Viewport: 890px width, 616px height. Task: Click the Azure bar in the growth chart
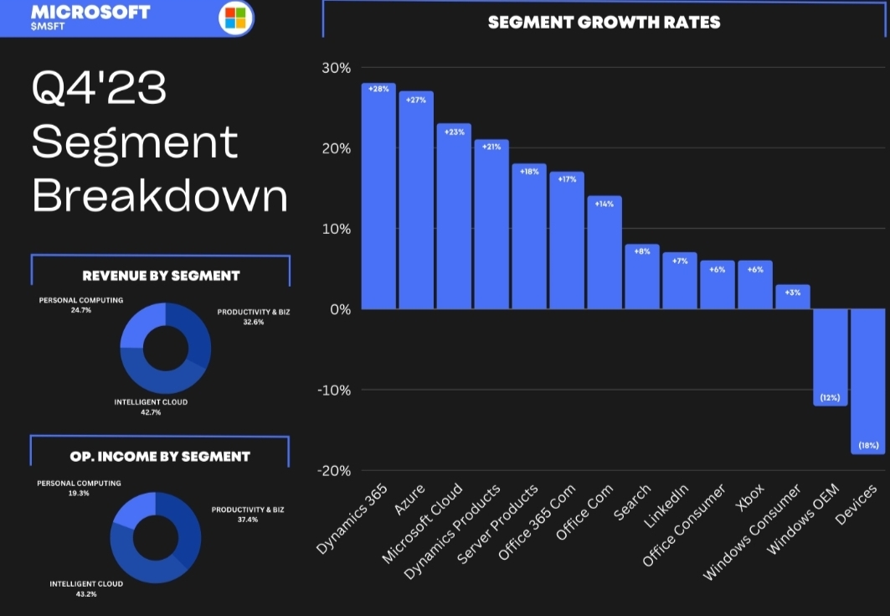coord(416,201)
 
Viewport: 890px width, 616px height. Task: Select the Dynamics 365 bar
coord(378,197)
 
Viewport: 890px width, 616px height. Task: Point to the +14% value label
coord(604,204)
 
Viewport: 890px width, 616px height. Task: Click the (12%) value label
coord(830,397)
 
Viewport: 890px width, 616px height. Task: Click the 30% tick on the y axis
coord(336,68)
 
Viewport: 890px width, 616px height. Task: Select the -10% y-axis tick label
coord(333,390)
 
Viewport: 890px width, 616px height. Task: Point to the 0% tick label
coord(339,309)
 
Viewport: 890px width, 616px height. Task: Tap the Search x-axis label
coord(633,501)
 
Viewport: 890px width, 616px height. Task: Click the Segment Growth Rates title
coord(604,23)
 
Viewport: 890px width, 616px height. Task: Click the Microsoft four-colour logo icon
coord(235,18)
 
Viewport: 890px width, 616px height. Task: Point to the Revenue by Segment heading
coord(161,276)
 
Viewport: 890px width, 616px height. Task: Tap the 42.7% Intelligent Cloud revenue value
coord(151,412)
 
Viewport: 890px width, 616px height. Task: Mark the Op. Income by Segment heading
coord(160,457)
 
